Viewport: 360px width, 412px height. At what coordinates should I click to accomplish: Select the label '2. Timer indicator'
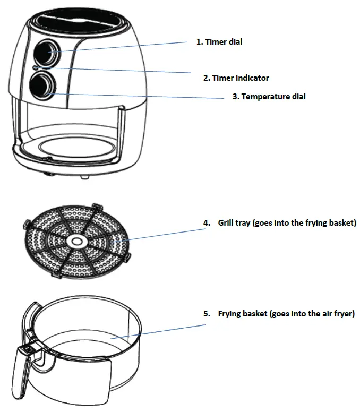point(236,78)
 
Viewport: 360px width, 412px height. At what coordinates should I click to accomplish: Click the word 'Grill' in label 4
point(227,223)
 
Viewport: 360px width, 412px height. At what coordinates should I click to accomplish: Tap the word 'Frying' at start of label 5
point(229,314)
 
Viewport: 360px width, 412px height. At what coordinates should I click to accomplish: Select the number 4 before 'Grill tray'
point(207,223)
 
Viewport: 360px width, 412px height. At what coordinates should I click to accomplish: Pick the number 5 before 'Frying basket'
point(207,314)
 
